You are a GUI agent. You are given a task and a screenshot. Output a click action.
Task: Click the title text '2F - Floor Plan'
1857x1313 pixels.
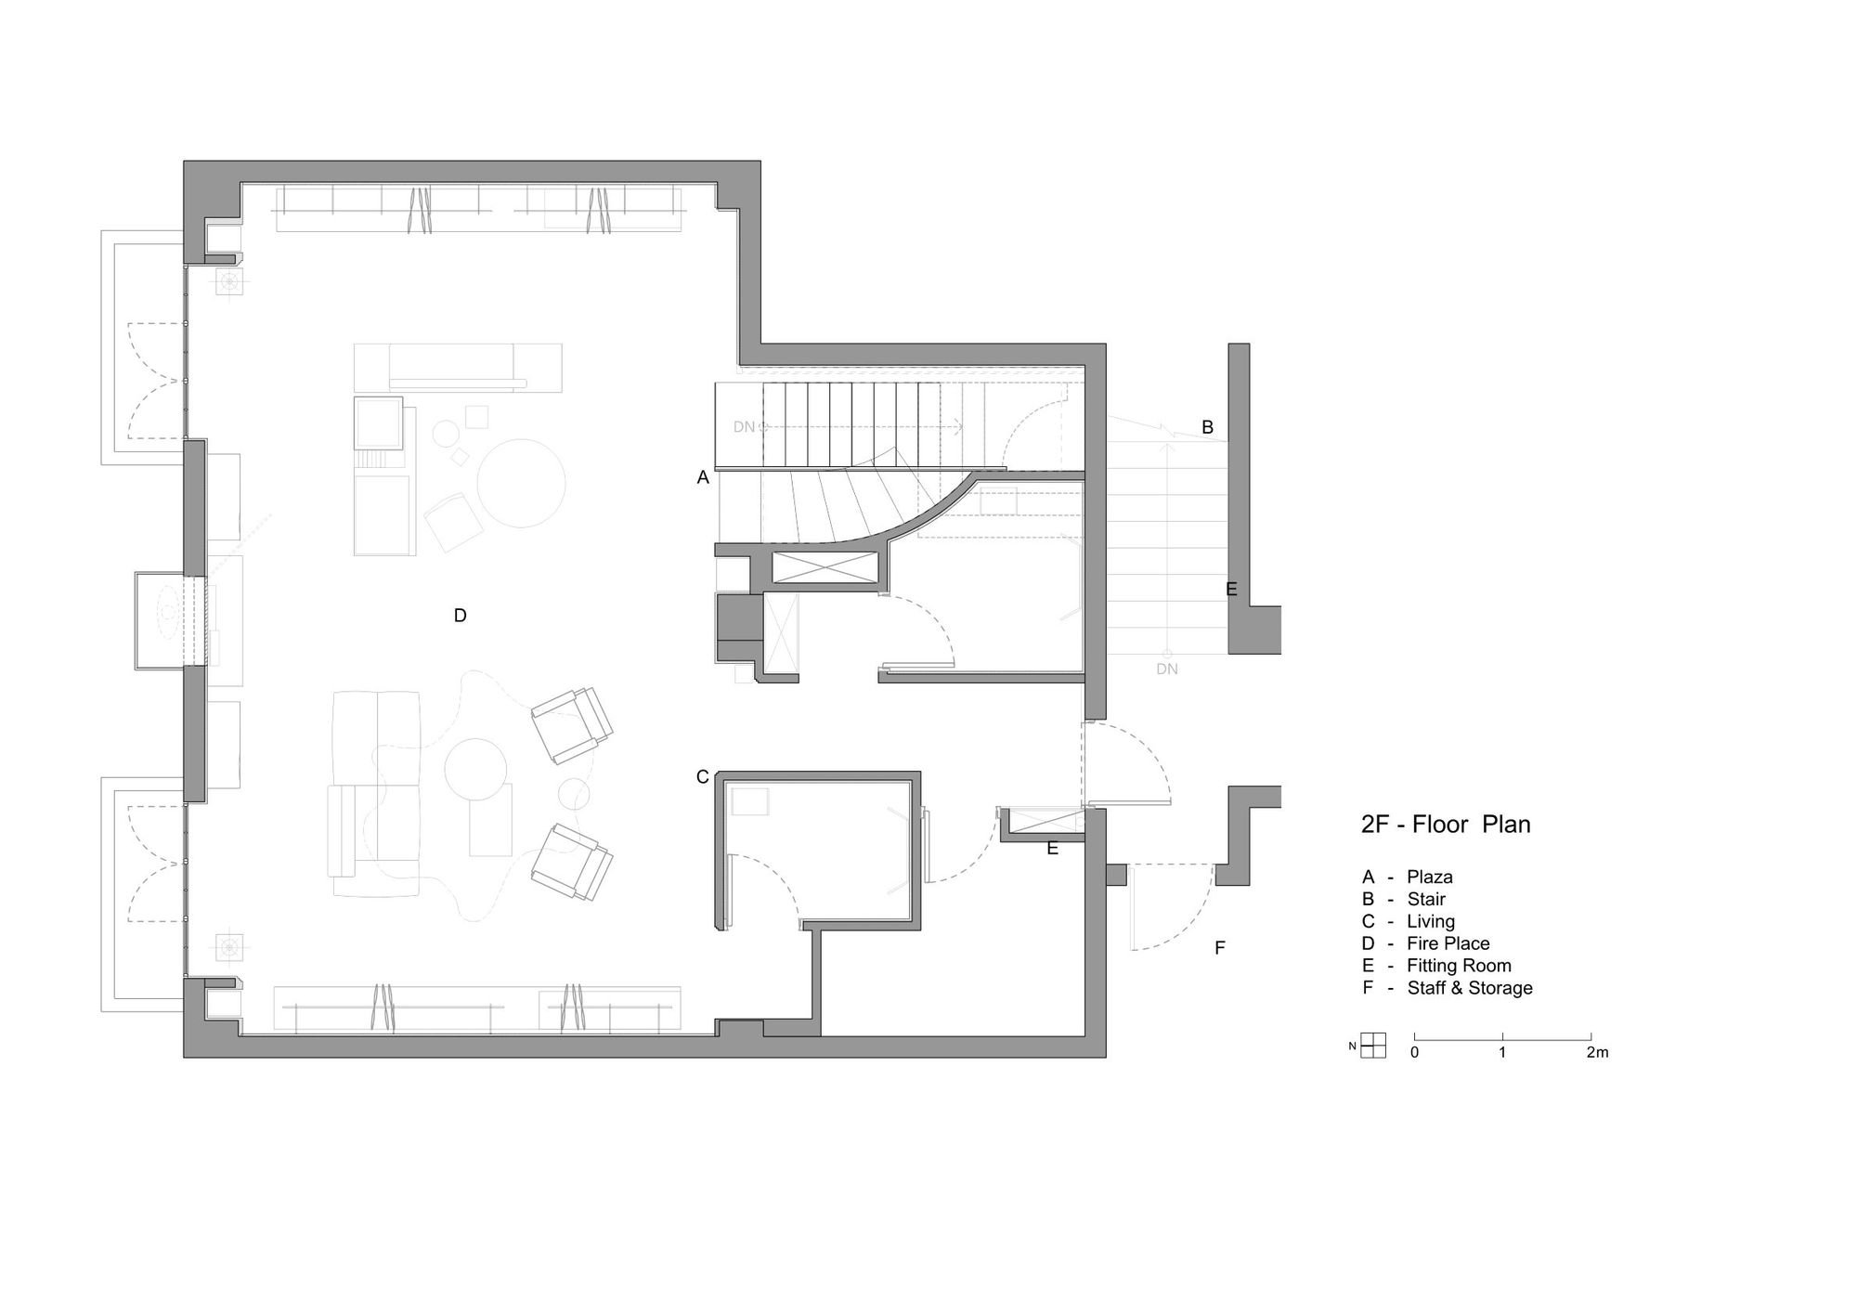(x=1446, y=824)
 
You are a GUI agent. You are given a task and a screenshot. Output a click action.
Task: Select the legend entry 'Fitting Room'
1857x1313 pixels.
(x=1459, y=966)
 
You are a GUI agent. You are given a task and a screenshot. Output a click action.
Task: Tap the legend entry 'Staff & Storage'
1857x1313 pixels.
(x=1470, y=988)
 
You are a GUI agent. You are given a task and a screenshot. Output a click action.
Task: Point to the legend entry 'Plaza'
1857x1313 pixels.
(x=1430, y=877)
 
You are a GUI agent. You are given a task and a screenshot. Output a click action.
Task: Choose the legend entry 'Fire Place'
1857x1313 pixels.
(x=1448, y=943)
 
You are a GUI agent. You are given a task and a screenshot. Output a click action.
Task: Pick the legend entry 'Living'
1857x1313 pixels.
(x=1431, y=921)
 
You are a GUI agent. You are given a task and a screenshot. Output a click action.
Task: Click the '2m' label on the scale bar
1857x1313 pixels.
(x=1597, y=1052)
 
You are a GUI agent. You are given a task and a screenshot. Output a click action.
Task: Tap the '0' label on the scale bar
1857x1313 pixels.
(x=1414, y=1052)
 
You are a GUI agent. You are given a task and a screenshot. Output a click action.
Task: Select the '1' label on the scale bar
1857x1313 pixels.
(x=1502, y=1052)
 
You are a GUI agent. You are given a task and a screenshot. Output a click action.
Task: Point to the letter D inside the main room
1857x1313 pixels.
(x=460, y=615)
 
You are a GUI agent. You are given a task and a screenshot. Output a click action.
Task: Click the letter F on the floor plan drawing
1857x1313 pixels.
(x=1220, y=947)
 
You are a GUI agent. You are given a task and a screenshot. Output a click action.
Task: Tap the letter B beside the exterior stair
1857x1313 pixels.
(x=1208, y=427)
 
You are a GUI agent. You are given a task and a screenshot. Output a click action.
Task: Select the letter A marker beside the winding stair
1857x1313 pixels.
(x=703, y=477)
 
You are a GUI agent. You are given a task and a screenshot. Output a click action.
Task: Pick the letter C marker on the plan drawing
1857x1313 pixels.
(x=703, y=776)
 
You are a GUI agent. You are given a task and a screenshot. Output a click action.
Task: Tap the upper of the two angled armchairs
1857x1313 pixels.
(x=572, y=725)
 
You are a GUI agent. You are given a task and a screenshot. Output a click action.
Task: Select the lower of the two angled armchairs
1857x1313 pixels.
(x=572, y=863)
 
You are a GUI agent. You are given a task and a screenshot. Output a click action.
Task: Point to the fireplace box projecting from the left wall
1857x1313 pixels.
(x=168, y=620)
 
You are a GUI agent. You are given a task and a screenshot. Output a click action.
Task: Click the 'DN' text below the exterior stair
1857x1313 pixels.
(x=1167, y=669)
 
